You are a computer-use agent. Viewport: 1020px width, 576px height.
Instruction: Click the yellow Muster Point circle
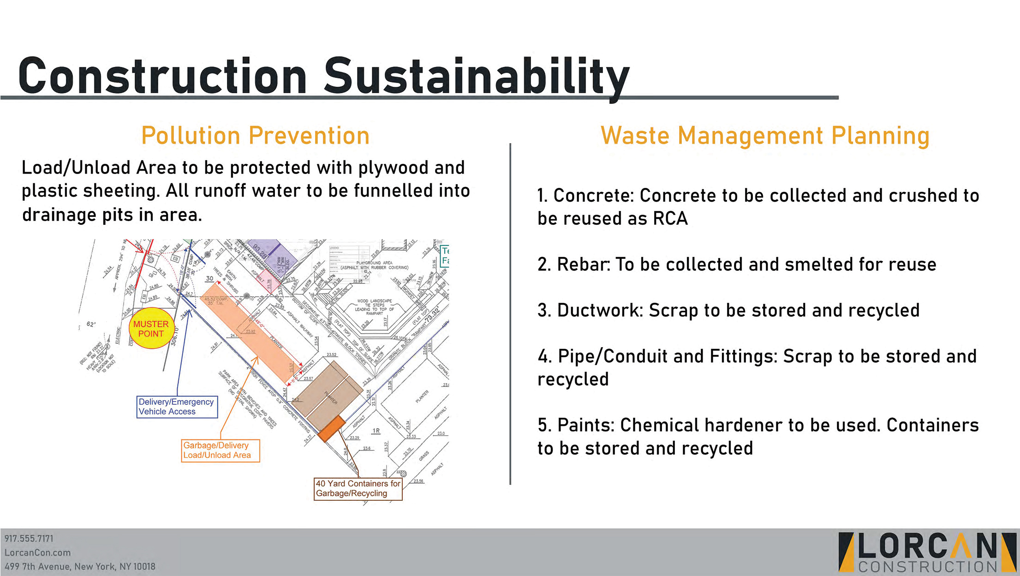click(151, 328)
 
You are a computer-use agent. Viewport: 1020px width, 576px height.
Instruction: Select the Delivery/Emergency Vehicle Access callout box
click(177, 407)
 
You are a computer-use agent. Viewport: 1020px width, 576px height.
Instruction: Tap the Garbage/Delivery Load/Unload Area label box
click(220, 450)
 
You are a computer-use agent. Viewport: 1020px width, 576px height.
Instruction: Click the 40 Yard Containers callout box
click(358, 488)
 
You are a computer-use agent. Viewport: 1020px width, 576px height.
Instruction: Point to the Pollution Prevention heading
click(255, 136)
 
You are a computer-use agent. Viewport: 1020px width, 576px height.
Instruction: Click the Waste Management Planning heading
click(764, 136)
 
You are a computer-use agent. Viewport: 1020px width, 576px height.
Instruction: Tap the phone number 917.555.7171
click(29, 539)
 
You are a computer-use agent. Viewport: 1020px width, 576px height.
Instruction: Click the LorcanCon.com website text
click(37, 552)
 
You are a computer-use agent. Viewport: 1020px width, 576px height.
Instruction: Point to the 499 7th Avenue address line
click(79, 566)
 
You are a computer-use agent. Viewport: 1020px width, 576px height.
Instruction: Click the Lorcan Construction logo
click(927, 552)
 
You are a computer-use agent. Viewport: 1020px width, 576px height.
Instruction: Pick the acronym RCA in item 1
click(670, 218)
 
